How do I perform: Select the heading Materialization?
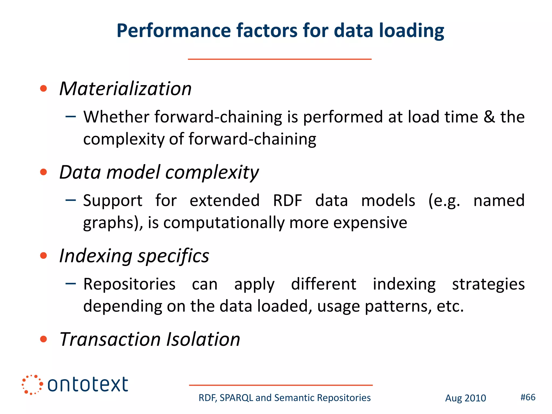[125, 89]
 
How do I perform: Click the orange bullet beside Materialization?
[43, 88]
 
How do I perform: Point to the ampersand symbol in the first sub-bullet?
[489, 117]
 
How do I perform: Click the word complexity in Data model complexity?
[212, 173]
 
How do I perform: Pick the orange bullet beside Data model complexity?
[43, 172]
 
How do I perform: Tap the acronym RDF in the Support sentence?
[287, 201]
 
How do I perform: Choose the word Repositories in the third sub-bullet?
[129, 284]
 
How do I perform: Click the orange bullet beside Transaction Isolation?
[43, 339]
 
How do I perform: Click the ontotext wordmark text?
[88, 385]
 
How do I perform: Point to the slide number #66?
[528, 397]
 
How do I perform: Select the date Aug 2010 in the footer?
[465, 398]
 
